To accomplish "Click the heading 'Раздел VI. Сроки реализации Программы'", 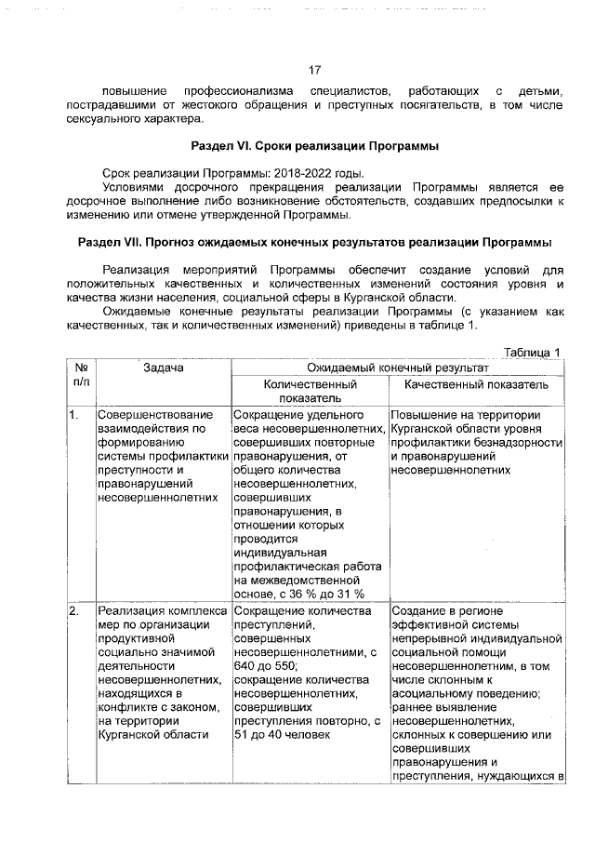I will (x=314, y=147).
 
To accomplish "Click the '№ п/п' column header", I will (x=80, y=375).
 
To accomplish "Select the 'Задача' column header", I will (x=163, y=368).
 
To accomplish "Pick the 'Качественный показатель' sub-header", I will (x=476, y=383).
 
